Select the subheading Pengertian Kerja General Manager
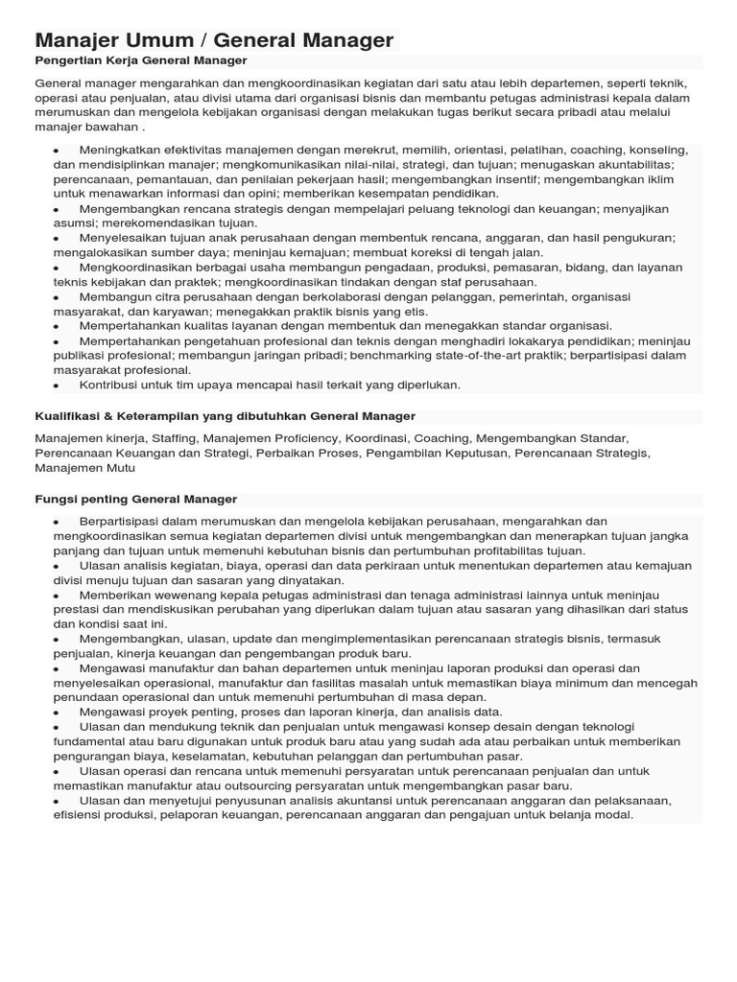point(141,60)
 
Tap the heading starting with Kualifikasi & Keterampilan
point(225,416)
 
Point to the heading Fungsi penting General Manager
point(135,500)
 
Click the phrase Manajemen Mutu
point(84,468)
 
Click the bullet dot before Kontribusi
point(57,386)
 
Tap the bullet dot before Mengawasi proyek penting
point(57,713)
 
